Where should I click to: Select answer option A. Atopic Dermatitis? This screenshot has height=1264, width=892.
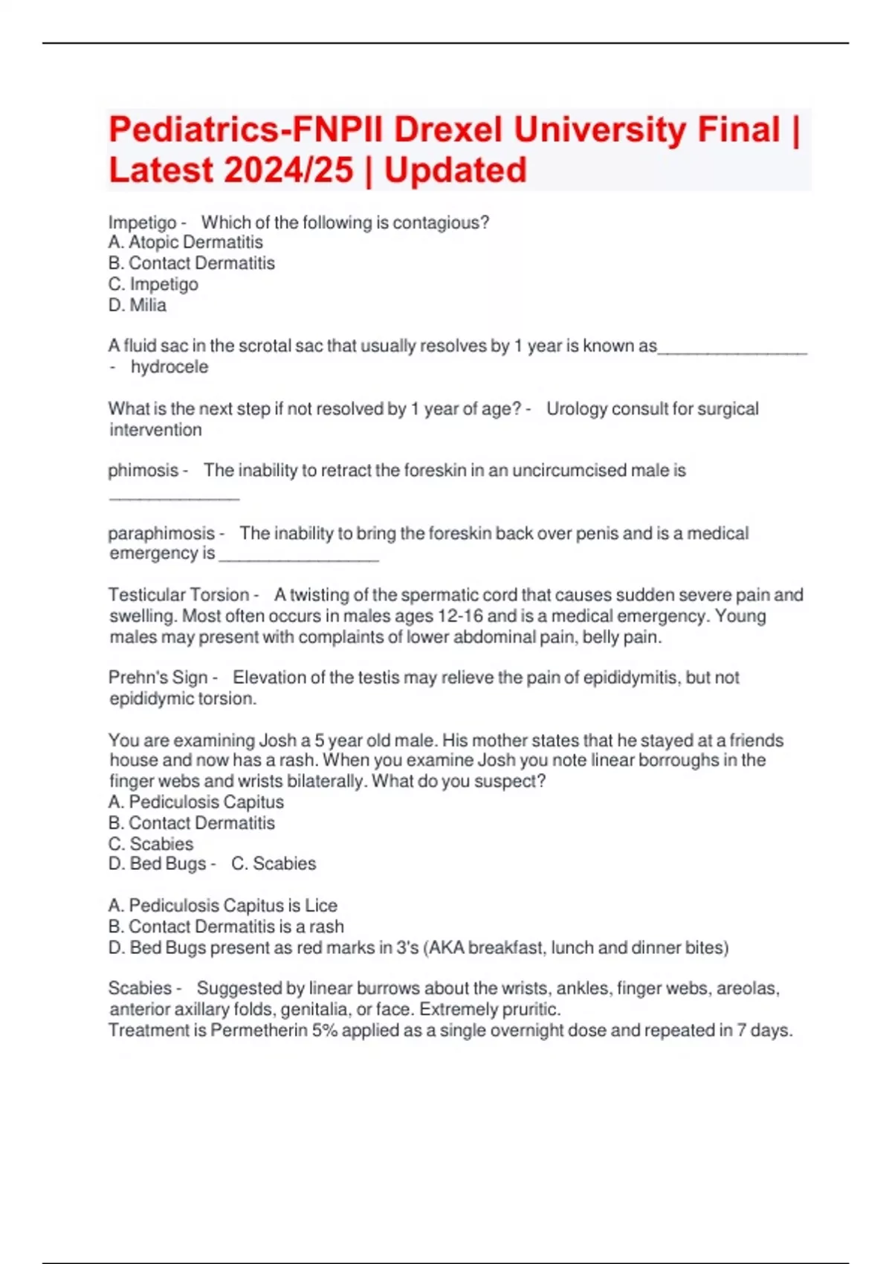coord(185,242)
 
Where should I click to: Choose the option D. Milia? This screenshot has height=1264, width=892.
coord(138,305)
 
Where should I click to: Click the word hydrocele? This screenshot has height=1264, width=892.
coord(169,367)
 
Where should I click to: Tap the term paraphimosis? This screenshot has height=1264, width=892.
coord(161,533)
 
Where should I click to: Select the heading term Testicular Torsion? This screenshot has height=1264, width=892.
coord(178,595)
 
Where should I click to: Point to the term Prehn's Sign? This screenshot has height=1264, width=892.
coord(158,677)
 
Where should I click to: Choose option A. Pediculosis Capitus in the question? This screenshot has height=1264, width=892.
coord(196,802)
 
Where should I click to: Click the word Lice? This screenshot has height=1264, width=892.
coord(321,906)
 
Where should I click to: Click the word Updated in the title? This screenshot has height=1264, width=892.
coord(455,170)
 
